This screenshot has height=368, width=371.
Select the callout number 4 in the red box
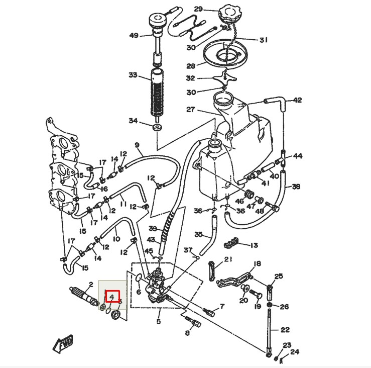point(112,297)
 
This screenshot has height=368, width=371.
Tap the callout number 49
point(134,35)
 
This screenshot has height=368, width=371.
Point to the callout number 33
point(133,75)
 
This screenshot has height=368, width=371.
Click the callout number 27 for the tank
point(190,110)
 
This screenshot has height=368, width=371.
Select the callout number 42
point(298,100)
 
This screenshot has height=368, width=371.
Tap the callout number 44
point(298,156)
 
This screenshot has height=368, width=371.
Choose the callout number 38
point(296,187)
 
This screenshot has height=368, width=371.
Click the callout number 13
point(254,245)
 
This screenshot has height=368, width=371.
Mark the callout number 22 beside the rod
point(285,330)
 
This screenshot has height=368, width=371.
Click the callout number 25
point(279,276)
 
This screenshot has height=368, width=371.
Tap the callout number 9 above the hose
point(137,145)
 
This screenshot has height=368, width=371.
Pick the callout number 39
point(153,228)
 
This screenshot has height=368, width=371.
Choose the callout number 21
point(228,259)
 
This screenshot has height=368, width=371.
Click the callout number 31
point(264,40)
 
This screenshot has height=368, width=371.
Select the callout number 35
point(199,235)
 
